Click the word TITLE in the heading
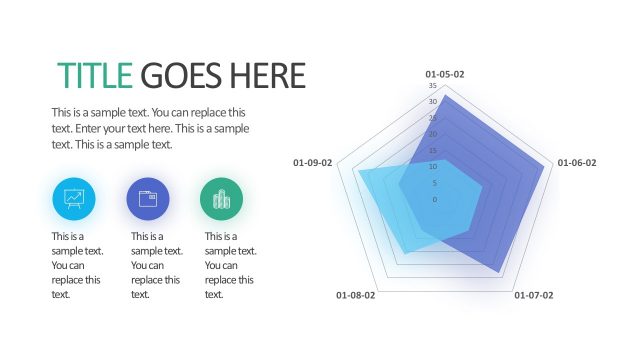(x=95, y=75)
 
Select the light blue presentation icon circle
(x=73, y=198)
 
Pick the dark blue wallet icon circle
(x=147, y=198)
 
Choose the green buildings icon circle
(x=221, y=198)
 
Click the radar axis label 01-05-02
(x=445, y=74)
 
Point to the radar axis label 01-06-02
(x=577, y=162)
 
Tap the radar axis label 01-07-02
(x=533, y=295)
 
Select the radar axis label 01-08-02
(x=356, y=295)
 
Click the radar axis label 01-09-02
(x=312, y=162)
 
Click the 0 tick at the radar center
(x=435, y=199)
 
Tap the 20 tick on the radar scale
(x=433, y=134)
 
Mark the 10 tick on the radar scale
(x=433, y=166)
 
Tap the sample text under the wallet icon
(x=157, y=265)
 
